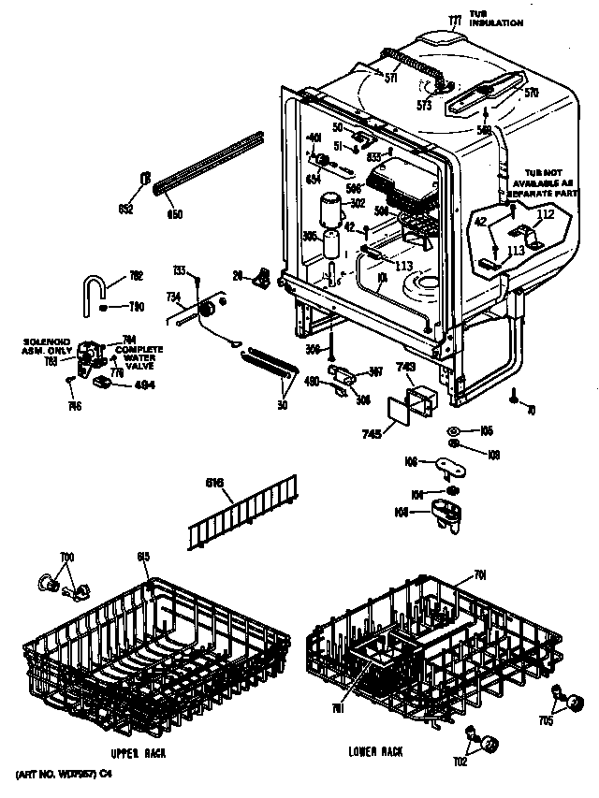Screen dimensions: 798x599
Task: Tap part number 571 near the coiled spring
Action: click(x=390, y=79)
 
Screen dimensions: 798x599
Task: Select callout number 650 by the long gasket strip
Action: click(x=173, y=215)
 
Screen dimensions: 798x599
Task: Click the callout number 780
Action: click(x=136, y=307)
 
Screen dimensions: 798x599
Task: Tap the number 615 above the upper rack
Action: click(x=143, y=559)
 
